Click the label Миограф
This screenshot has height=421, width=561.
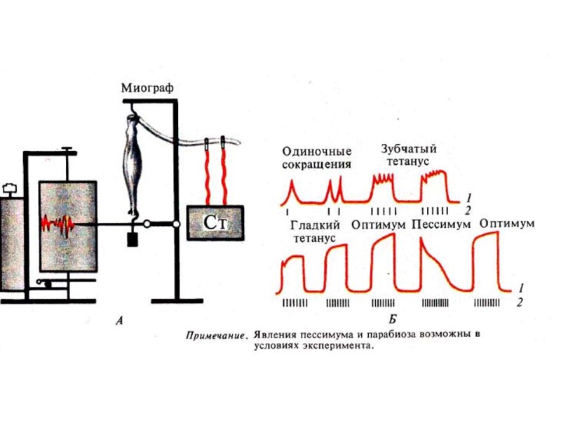pos(147,88)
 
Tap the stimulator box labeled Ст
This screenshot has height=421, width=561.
pos(215,223)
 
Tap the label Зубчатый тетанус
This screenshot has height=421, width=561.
pos(409,154)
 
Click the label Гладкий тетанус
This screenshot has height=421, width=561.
pos(314,231)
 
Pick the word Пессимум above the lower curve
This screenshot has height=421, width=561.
pos(441,225)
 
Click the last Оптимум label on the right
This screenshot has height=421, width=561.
pos(508,224)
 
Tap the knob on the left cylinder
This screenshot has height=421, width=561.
pos(9,188)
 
